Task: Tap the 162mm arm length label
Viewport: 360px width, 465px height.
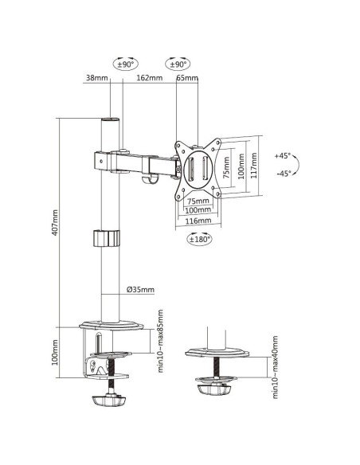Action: coord(149,78)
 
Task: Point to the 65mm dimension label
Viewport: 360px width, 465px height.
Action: coord(186,78)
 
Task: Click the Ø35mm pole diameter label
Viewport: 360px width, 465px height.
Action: coord(140,290)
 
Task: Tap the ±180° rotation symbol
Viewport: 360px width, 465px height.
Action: coord(198,238)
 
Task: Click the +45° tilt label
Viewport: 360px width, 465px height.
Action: coord(283,156)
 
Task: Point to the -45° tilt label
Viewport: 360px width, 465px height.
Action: coord(283,174)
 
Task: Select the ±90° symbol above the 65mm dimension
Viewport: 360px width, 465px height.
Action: coord(178,63)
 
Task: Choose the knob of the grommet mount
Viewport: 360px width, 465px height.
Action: coord(217,389)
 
